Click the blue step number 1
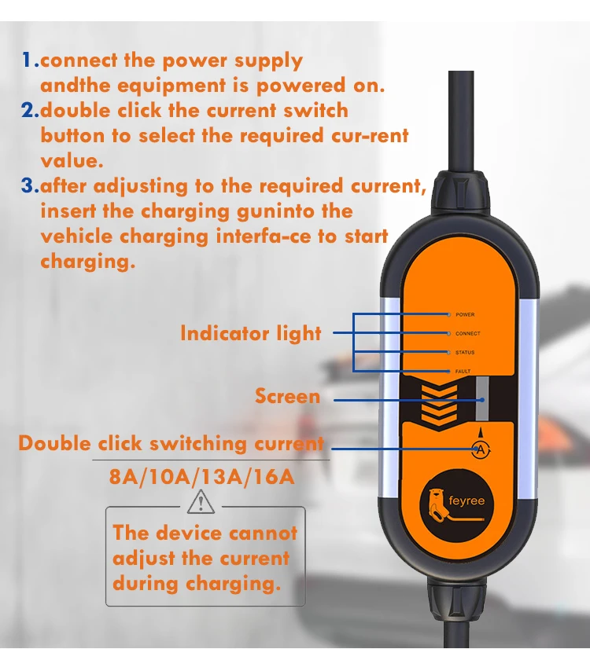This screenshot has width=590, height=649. [x=29, y=60]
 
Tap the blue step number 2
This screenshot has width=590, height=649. [x=30, y=111]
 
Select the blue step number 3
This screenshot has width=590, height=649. [x=30, y=186]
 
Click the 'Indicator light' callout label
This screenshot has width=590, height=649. [x=250, y=333]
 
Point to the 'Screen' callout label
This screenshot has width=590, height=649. [x=287, y=396]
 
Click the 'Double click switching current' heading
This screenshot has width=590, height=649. [x=171, y=443]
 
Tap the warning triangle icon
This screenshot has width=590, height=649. [x=202, y=500]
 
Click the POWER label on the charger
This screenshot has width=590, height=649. [x=465, y=314]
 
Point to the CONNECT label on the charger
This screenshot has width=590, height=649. [x=467, y=333]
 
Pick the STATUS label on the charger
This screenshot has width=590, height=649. [x=465, y=352]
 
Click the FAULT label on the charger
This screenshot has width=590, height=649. [x=463, y=371]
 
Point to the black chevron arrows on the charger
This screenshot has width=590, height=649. [x=437, y=401]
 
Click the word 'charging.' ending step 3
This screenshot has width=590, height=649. [x=88, y=262]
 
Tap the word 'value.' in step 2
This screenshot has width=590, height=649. [x=72, y=161]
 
